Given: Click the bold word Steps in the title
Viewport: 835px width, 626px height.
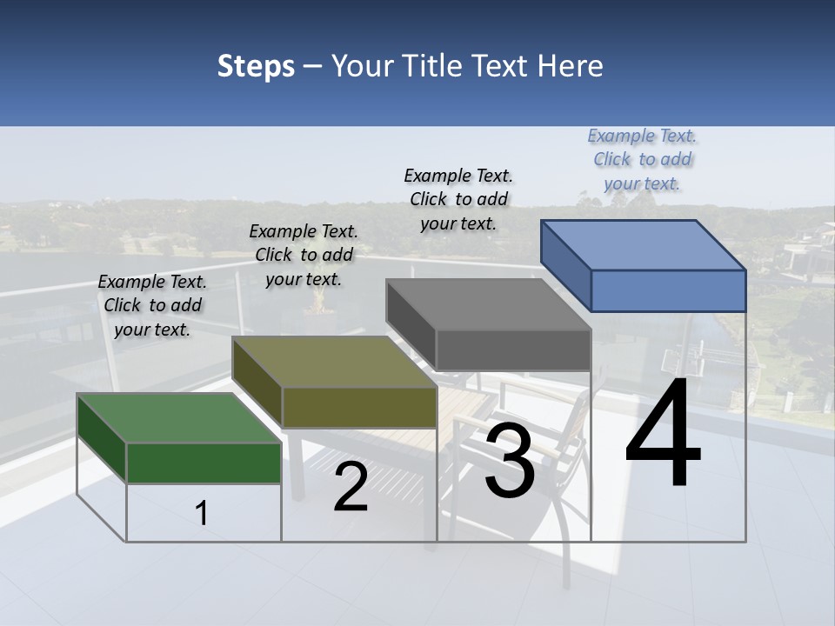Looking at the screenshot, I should click(256, 66).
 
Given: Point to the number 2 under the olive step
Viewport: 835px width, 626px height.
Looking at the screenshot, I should click(351, 487).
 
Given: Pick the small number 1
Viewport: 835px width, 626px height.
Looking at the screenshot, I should click(202, 513).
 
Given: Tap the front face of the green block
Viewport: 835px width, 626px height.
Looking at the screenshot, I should click(204, 463).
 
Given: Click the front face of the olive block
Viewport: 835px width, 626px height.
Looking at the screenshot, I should click(359, 407).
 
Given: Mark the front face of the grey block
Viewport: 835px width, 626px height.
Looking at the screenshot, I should click(513, 350).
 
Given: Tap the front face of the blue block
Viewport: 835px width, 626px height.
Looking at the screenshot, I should click(668, 290).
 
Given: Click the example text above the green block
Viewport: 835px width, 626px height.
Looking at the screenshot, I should click(152, 305).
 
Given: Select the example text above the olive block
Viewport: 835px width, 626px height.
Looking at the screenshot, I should click(304, 255).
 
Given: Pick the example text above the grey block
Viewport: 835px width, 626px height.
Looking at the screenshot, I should click(458, 199).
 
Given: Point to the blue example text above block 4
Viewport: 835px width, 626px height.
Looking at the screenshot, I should click(643, 159).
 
